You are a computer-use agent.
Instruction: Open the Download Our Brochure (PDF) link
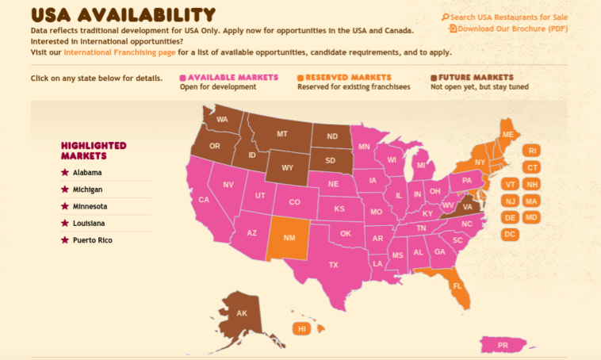[512, 29]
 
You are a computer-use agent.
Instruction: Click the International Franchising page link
[120, 52]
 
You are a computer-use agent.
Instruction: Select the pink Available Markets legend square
[182, 78]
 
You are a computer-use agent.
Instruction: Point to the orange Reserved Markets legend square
[300, 78]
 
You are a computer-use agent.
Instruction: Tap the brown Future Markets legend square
[434, 78]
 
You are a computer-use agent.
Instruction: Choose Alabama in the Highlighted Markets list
[87, 172]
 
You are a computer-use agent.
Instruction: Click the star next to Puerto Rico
[65, 239]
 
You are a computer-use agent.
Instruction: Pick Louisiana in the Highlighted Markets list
[90, 223]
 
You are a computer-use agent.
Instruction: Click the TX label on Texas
[333, 265]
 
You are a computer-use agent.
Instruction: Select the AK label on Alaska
[242, 313]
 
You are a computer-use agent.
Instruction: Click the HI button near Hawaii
[301, 328]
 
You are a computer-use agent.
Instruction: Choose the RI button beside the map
[532, 151]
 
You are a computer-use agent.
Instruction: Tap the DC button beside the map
[510, 234]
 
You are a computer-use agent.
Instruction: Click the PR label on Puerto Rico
[503, 346]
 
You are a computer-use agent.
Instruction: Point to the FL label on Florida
[457, 285]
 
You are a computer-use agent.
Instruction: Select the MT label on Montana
[281, 134]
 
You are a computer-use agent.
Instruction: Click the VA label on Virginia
[467, 206]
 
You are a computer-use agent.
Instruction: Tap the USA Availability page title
[123, 14]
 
